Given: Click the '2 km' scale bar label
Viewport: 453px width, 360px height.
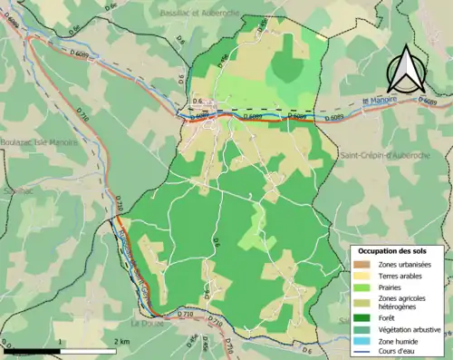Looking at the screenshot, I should click(122, 341).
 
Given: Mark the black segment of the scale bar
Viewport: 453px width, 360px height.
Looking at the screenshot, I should click(32, 350).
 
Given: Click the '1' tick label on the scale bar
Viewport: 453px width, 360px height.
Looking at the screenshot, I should click(61, 341).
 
